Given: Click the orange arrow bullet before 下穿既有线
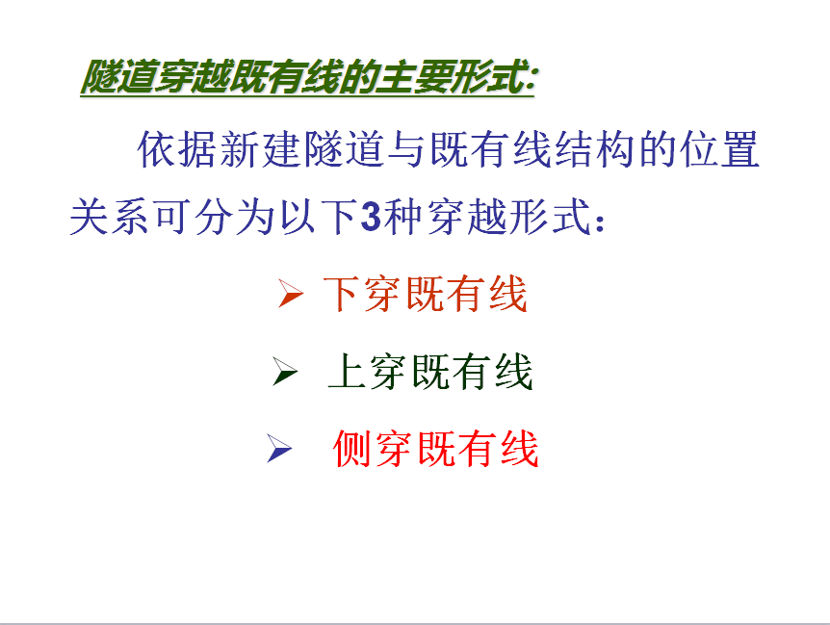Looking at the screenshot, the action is coord(291,294).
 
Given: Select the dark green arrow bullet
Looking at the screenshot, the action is coord(285,371).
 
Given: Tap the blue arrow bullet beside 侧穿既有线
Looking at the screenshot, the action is coord(279,448).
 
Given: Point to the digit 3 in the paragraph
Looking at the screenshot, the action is coord(371,217).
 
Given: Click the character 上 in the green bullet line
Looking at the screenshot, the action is coord(347,372).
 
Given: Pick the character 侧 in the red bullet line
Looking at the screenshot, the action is coord(352,449).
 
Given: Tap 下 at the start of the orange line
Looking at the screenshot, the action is coord(342,294).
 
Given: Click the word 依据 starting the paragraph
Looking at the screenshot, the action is coord(178,150).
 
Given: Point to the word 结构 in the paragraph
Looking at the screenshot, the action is coord(595,150).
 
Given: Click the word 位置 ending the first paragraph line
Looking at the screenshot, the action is coord(719,150).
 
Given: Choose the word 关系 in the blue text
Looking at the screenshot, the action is coord(110,217).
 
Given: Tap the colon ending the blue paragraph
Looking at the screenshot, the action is coord(600,222).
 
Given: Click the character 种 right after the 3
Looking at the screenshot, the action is coord(403,217).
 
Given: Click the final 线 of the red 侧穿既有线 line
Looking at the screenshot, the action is coord(520,449).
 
